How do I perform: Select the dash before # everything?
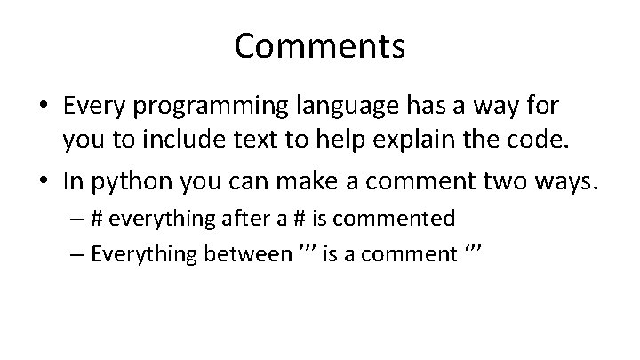click(x=74, y=218)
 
